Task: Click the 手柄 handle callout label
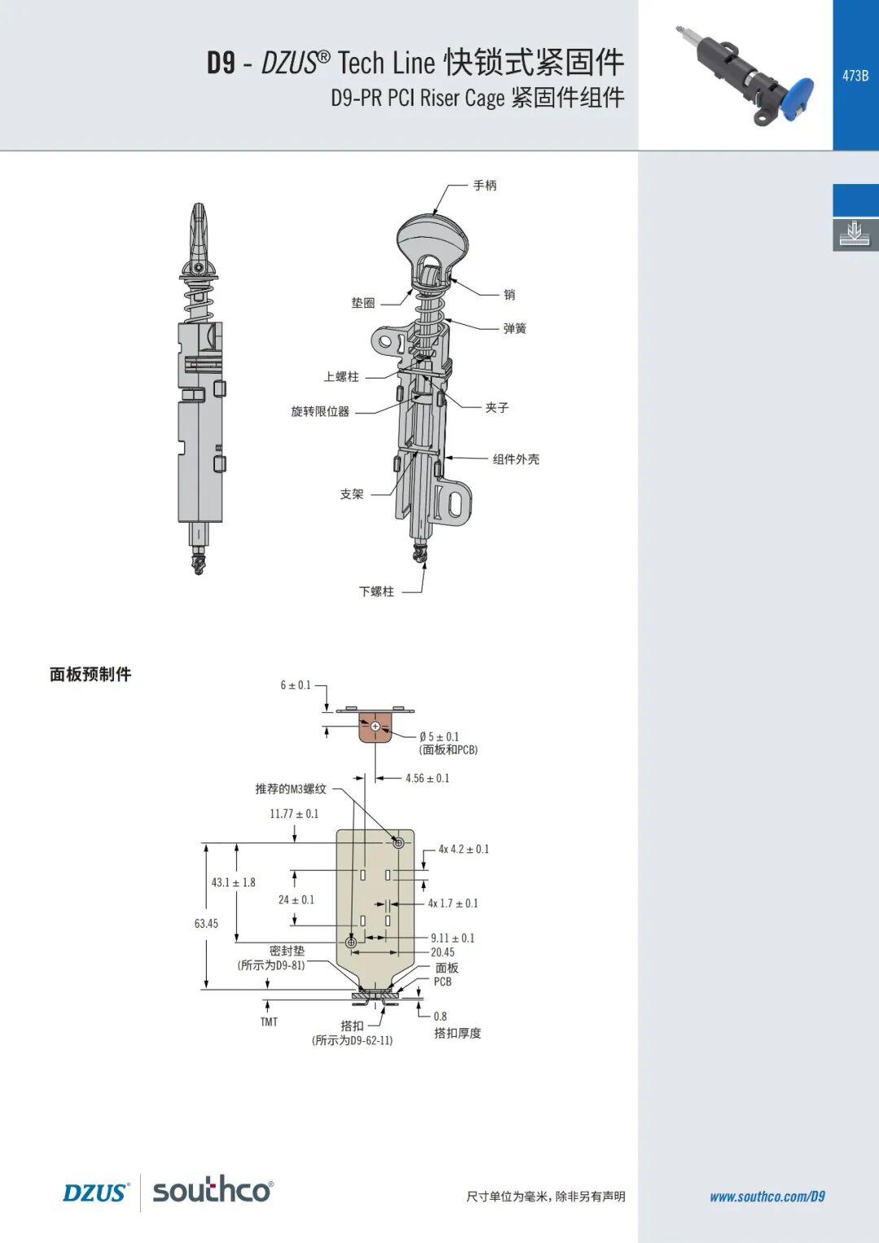click(x=484, y=186)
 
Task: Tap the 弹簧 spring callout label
click(x=515, y=329)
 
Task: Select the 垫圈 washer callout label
click(x=363, y=303)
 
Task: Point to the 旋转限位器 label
click(x=320, y=411)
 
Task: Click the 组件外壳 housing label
click(x=516, y=459)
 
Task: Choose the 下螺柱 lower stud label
click(x=376, y=592)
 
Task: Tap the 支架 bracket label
click(x=352, y=494)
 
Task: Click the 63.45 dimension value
click(x=207, y=923)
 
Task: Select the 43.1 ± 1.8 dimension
click(x=233, y=882)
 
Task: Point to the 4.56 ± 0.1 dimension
click(x=427, y=778)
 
